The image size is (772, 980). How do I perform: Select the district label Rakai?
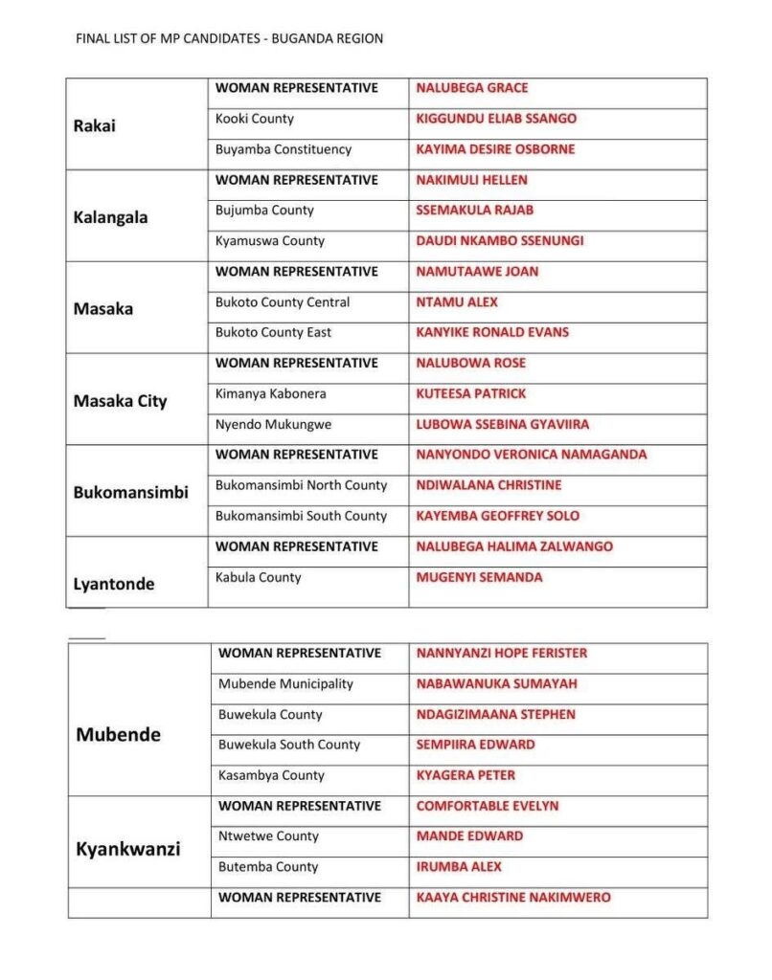coord(94,125)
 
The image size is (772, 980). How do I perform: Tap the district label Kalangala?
coord(110,217)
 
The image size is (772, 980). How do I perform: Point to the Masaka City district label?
coord(120,401)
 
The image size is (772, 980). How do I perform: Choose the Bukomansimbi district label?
coord(130,493)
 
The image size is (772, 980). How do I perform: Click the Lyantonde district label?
coord(113,584)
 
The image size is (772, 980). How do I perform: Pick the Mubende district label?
coord(118,735)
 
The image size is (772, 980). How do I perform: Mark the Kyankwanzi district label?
coord(127,849)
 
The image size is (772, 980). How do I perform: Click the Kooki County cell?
coord(254,119)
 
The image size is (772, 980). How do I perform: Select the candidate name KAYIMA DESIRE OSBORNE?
coord(495,149)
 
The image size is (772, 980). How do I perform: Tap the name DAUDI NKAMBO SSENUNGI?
coord(499,241)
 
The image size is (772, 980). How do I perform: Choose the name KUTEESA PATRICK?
coord(470,393)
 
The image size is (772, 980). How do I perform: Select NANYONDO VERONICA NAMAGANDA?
coord(531,455)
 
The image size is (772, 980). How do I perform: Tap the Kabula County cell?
coord(258,577)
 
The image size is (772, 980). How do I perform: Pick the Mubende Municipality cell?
coord(285,684)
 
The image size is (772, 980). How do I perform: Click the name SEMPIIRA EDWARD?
coord(475,745)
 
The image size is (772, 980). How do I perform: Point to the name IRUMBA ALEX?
coord(458,867)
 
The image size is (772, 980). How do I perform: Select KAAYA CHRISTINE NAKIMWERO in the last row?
coord(512,898)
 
